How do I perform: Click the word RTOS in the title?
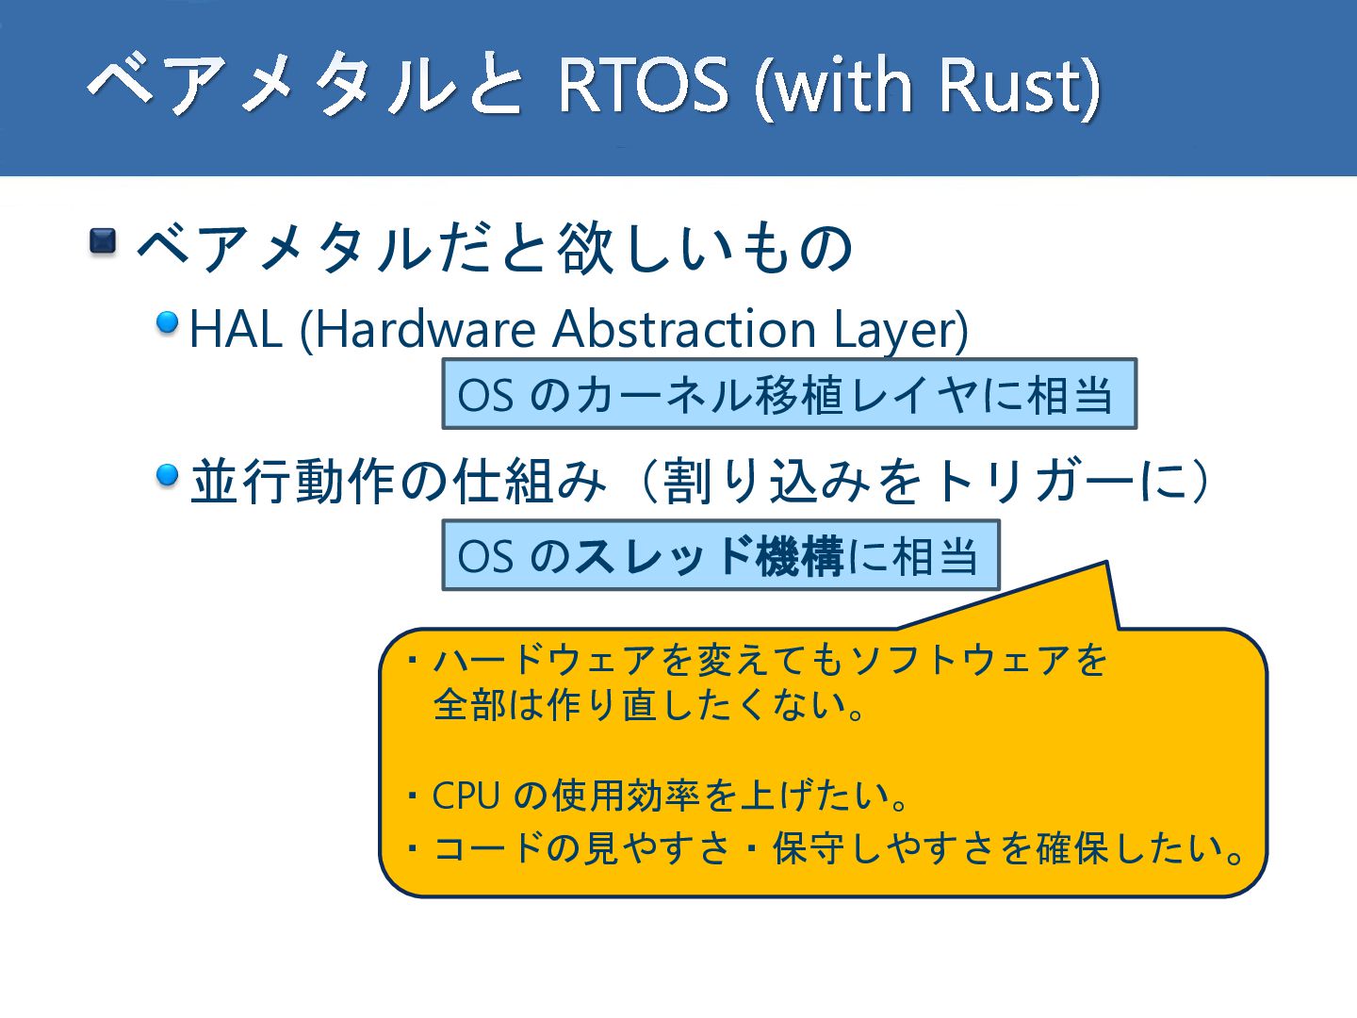tap(644, 84)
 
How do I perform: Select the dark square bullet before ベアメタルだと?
tap(103, 241)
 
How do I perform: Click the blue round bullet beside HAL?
tap(168, 322)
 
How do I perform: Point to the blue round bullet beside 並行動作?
tap(168, 475)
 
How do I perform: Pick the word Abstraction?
tap(684, 329)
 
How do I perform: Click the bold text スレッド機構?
tap(709, 556)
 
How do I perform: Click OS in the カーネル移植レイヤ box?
tap(485, 396)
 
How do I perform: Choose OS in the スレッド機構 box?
tap(485, 557)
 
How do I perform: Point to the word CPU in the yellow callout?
tap(466, 796)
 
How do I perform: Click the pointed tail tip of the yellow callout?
tap(1106, 562)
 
